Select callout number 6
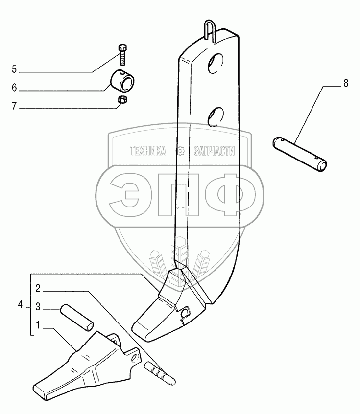14,88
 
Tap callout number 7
14,106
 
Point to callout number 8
345,84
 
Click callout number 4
20,305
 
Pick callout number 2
37,287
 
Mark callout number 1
37,325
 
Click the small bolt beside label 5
122,54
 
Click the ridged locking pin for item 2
159,371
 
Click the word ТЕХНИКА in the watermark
147,151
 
